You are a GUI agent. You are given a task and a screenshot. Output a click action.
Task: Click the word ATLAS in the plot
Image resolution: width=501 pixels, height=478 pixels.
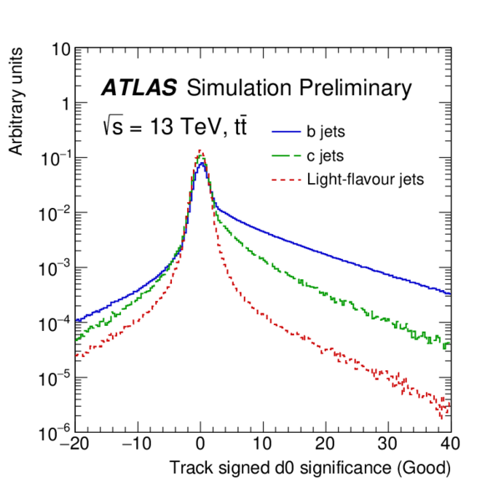point(139,89)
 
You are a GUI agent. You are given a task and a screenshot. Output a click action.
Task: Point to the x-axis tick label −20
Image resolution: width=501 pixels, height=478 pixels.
point(73,442)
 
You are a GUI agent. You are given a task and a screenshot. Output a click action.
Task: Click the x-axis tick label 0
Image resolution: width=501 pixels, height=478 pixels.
point(200,442)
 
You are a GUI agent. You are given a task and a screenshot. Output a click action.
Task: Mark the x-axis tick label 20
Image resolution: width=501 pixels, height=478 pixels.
point(326,442)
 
